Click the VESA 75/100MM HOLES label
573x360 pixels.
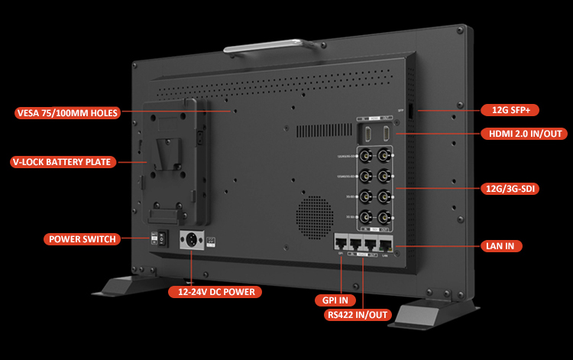click(67, 113)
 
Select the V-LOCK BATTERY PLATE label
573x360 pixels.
click(63, 162)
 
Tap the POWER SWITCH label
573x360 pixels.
click(83, 239)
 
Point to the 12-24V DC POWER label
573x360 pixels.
click(216, 291)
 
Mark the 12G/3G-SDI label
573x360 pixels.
click(510, 187)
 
